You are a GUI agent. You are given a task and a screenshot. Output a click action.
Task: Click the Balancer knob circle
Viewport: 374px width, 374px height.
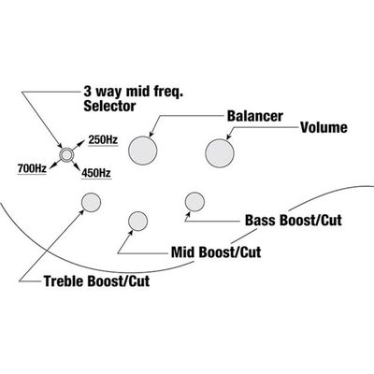[x=142, y=151]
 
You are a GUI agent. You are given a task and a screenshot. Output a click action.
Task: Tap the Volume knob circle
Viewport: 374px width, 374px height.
[x=220, y=153]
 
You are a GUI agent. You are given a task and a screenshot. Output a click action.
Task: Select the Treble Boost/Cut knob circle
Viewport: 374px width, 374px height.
[x=91, y=202]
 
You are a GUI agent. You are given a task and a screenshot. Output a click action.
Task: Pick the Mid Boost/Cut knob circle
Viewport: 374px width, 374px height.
[x=137, y=221]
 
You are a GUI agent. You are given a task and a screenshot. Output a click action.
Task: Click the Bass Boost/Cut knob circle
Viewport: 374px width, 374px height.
[x=194, y=202]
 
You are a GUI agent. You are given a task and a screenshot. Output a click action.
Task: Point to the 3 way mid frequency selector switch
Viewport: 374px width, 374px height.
[x=66, y=154]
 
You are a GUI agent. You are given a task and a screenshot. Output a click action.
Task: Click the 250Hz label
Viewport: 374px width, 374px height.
[x=103, y=139]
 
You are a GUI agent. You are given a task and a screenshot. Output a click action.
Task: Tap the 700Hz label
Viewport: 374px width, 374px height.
[x=32, y=168]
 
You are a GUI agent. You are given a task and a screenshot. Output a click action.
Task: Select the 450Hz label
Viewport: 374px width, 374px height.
[x=96, y=173]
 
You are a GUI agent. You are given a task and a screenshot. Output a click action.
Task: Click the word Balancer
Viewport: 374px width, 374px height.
[x=255, y=116]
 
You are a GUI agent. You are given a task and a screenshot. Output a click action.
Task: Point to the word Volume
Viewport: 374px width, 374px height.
[x=324, y=127]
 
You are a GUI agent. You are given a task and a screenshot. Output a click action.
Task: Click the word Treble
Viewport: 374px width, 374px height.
[x=64, y=280]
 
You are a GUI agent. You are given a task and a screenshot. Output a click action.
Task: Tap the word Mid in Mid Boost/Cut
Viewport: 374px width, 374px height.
[x=183, y=252]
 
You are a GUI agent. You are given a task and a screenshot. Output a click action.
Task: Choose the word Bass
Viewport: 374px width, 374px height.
[x=261, y=220]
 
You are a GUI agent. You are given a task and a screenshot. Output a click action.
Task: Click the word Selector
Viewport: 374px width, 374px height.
[x=109, y=106]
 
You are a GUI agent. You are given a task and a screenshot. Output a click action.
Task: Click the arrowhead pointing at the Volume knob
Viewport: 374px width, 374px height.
[x=228, y=137]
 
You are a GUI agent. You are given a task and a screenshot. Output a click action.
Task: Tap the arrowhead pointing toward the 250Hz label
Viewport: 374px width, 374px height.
[x=81, y=143]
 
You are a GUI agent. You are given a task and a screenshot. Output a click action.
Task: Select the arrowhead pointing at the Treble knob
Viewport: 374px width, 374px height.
[x=82, y=212]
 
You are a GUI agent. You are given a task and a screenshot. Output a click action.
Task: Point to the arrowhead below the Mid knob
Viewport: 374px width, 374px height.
[x=131, y=233]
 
